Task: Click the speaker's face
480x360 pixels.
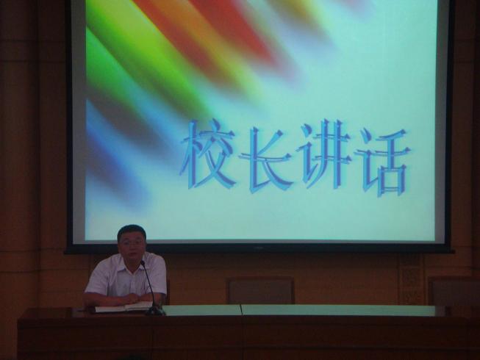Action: pos(132,245)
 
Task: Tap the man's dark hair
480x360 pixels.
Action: pos(132,231)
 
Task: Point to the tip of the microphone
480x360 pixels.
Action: pos(142,262)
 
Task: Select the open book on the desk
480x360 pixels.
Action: pos(124,306)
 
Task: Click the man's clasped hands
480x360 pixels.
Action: pos(135,298)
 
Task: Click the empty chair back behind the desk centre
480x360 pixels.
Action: pos(261,290)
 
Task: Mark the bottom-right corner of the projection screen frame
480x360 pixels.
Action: pos(453,253)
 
